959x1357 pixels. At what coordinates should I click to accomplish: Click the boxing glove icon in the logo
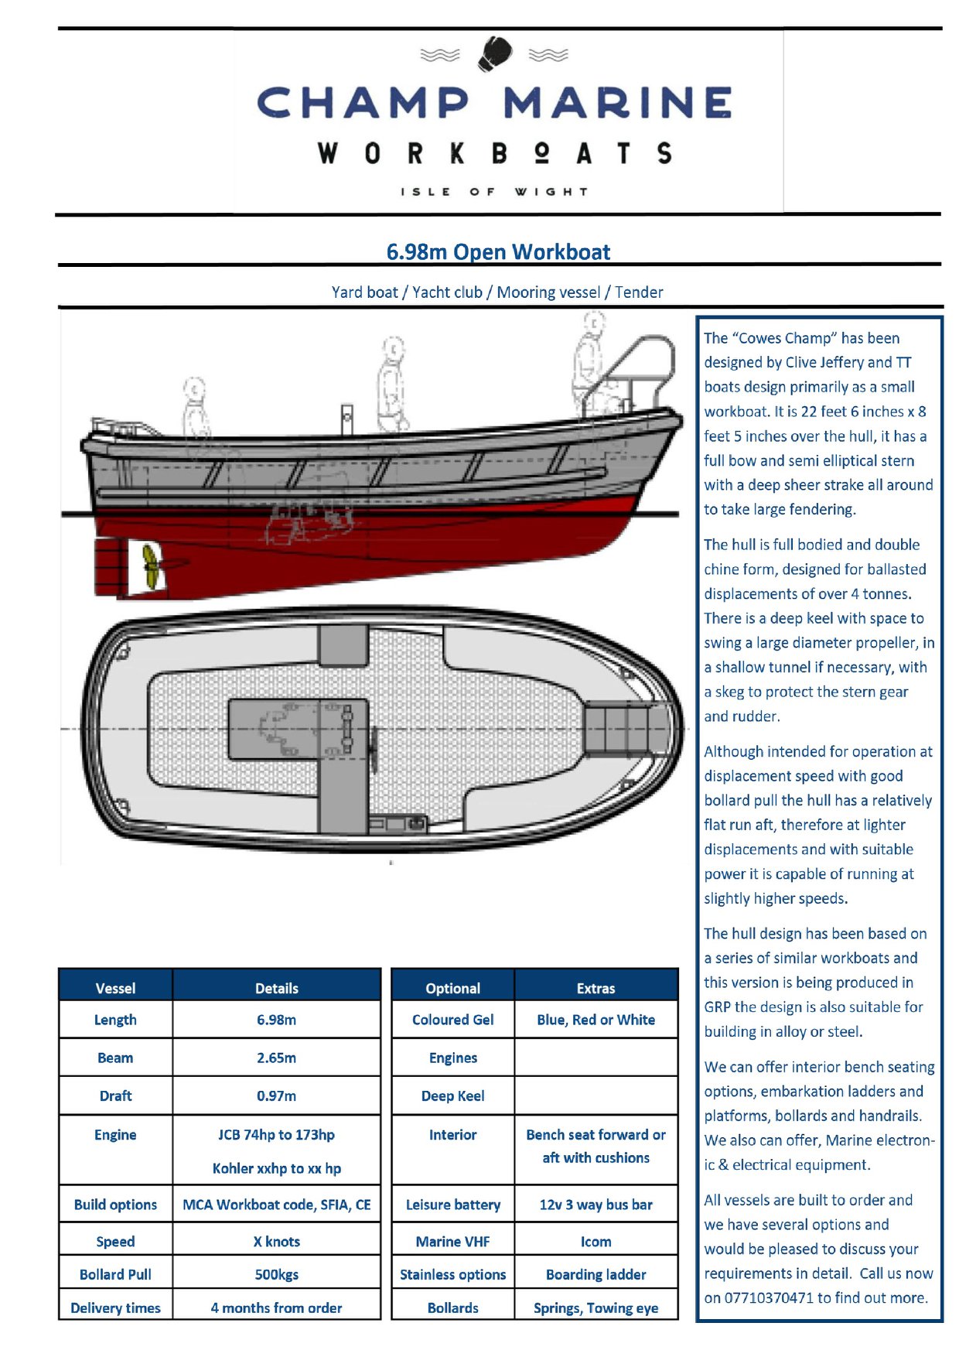point(494,54)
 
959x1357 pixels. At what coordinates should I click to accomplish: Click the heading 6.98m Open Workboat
point(498,251)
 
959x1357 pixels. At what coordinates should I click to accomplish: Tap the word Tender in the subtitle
point(639,292)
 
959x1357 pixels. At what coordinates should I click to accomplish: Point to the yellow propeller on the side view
point(151,565)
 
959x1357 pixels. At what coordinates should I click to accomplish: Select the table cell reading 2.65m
point(276,1058)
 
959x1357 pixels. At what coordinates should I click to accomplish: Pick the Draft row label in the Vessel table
point(115,1096)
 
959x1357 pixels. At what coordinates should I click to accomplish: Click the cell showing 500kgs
point(276,1274)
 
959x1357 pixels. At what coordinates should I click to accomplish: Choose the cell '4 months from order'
point(276,1307)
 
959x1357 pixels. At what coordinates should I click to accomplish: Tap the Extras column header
point(596,988)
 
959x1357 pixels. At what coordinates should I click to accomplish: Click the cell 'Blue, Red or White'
point(596,1020)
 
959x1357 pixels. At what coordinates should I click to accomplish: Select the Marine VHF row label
point(452,1241)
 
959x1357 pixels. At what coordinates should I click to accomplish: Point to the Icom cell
point(596,1241)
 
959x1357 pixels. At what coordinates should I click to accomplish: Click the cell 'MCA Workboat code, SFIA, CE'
point(276,1205)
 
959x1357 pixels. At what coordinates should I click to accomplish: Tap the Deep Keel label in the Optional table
point(452,1096)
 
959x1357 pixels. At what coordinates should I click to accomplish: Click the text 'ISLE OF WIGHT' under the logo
point(494,191)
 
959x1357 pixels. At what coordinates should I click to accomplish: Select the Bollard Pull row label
point(115,1274)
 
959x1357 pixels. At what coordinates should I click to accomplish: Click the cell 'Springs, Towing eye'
point(596,1307)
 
